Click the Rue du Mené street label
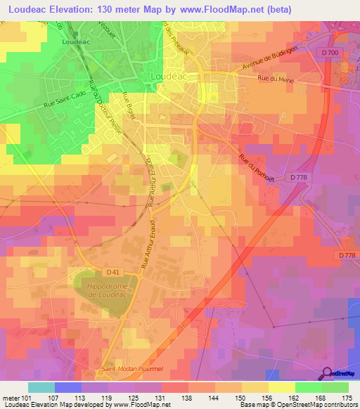275,79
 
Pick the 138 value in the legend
186,397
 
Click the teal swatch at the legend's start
41,387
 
